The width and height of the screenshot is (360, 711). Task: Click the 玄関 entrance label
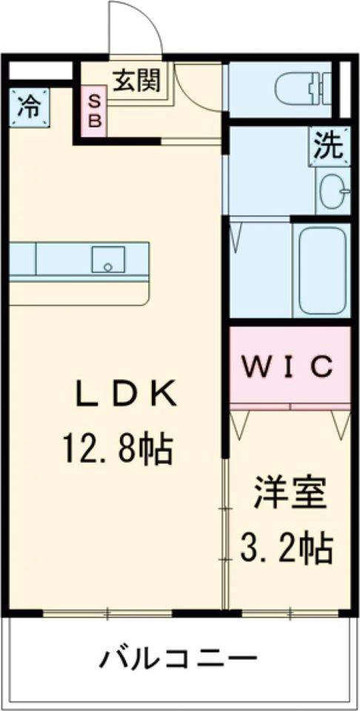(x=136, y=81)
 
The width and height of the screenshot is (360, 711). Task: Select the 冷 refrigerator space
(x=28, y=108)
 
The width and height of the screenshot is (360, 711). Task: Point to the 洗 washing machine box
(x=330, y=147)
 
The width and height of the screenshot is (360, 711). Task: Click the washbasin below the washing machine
(x=335, y=191)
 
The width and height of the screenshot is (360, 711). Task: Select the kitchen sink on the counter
(x=108, y=259)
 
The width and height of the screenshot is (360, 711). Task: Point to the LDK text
(x=126, y=395)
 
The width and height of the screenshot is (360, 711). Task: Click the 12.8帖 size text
(x=118, y=449)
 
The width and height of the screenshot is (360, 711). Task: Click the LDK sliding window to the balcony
(x=107, y=613)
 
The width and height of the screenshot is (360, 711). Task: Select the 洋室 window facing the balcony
(x=290, y=613)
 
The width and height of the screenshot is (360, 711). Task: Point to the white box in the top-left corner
(x=41, y=71)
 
